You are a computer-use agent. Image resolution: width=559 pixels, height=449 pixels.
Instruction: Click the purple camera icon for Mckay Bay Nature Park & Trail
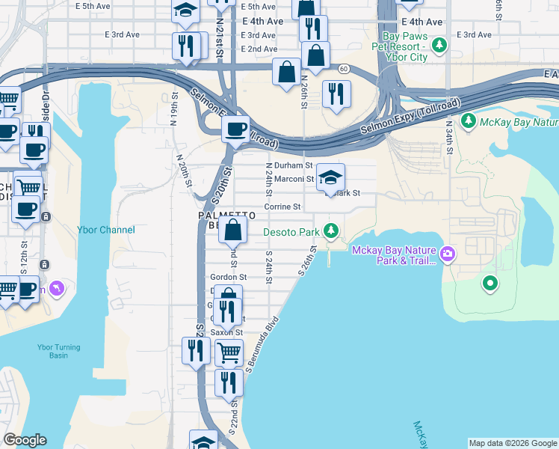[448, 254]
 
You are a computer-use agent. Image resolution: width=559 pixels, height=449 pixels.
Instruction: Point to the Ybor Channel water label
[106, 230]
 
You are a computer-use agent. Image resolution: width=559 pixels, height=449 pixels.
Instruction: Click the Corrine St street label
[282, 207]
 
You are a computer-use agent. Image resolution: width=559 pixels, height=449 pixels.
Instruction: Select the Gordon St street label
[229, 276]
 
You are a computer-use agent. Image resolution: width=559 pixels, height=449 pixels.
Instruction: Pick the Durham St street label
[289, 165]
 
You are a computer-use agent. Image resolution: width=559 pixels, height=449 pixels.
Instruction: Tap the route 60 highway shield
[343, 69]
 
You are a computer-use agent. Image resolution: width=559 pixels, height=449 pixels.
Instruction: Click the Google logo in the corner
[25, 440]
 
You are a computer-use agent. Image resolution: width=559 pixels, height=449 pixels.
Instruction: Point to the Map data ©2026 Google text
[512, 442]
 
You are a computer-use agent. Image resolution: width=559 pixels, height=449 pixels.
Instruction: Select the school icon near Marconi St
[330, 178]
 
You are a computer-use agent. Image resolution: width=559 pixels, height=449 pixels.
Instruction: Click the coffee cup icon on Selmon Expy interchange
[237, 129]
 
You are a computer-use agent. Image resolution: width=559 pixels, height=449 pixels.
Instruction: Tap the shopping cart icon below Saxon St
[229, 352]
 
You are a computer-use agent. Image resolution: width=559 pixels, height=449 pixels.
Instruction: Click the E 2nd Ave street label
[259, 49]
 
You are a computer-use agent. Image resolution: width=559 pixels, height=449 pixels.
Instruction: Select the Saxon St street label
[226, 332]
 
